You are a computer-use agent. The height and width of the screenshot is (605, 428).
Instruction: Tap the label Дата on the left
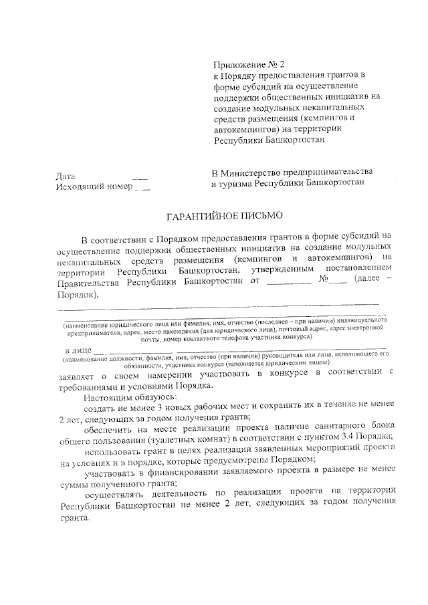point(67,176)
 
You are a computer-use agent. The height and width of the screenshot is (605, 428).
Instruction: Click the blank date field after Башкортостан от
point(288,283)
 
